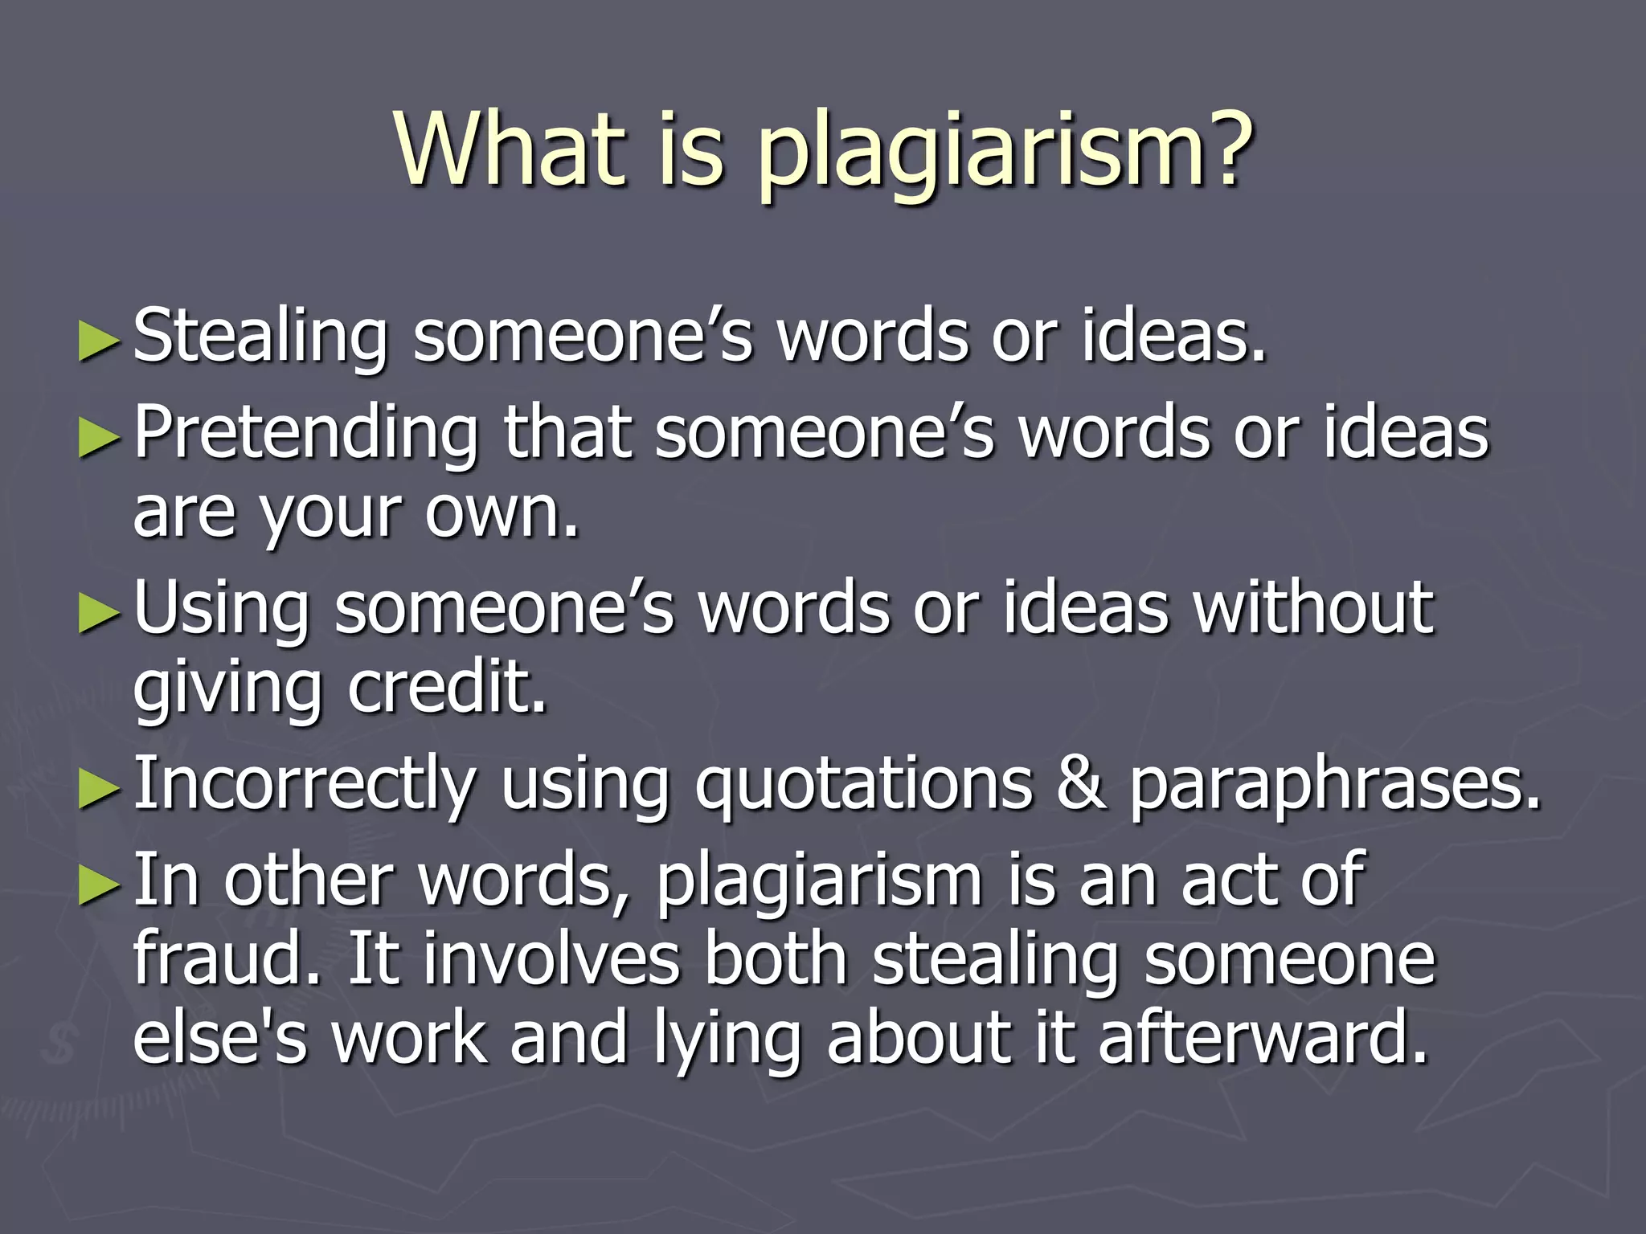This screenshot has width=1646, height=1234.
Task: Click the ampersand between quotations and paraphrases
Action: [1079, 783]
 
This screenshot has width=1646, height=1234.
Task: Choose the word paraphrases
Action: [1335, 787]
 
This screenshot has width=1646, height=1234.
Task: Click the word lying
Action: [727, 1040]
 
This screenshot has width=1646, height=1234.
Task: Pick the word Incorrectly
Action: [305, 786]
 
